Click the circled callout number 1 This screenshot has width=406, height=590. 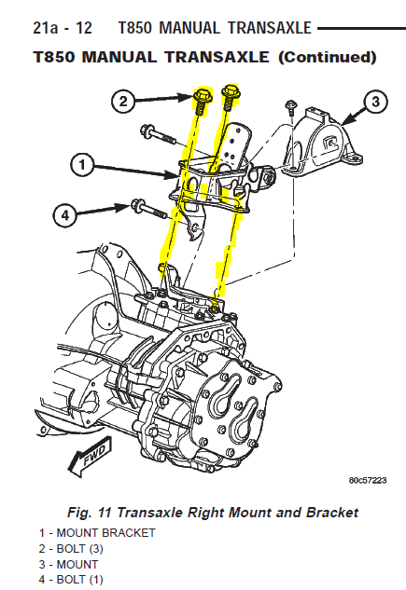tap(82, 166)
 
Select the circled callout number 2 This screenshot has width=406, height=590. tap(123, 102)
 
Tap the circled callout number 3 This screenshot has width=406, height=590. tap(375, 102)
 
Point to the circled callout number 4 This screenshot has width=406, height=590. tap(65, 215)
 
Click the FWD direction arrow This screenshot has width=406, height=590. tap(91, 456)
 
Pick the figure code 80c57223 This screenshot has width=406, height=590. tap(368, 481)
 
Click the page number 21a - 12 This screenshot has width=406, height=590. tap(63, 28)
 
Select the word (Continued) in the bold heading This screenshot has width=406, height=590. tap(328, 57)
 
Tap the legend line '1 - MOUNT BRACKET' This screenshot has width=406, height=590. tap(97, 533)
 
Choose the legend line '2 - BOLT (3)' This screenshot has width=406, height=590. tap(71, 549)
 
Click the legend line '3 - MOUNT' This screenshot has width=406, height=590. tap(68, 565)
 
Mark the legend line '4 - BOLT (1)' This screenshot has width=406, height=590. tap(71, 580)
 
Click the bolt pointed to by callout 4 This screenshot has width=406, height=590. tap(148, 211)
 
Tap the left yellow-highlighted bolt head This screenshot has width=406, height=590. tap(203, 96)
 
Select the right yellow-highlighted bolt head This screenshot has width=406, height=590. tap(231, 91)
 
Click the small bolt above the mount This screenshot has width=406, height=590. tap(291, 107)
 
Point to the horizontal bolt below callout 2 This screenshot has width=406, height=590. tap(158, 135)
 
